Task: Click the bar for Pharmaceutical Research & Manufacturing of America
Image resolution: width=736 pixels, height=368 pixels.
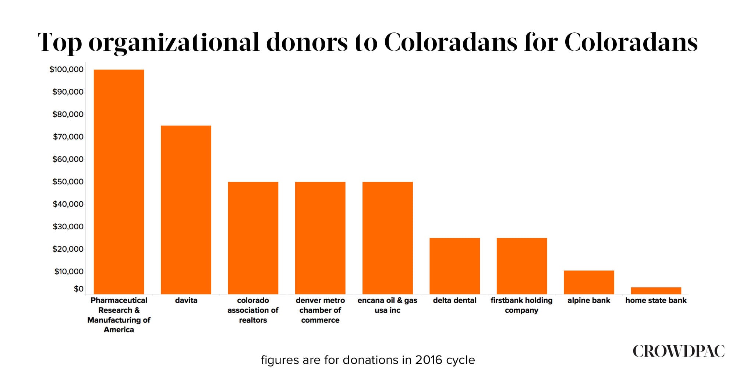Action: click(119, 182)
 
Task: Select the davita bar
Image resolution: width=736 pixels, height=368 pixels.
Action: click(186, 210)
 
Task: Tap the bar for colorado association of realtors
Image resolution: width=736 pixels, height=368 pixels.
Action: click(253, 238)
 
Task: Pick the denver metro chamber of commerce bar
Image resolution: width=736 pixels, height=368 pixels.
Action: click(320, 238)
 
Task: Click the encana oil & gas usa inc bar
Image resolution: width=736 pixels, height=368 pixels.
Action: click(388, 238)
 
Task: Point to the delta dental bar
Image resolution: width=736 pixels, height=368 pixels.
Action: click(454, 266)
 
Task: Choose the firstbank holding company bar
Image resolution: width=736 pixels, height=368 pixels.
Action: click(522, 266)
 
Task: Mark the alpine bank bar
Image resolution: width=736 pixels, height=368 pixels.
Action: click(589, 282)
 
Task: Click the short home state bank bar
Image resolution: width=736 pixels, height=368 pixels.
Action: click(656, 291)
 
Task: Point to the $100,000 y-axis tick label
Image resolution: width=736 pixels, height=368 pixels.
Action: click(67, 69)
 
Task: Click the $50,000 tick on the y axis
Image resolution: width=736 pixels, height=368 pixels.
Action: click(68, 181)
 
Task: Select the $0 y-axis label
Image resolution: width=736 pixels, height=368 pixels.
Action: click(78, 289)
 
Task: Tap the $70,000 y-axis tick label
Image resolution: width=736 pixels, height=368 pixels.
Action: click(68, 137)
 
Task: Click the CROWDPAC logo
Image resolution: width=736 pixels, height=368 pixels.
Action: click(679, 351)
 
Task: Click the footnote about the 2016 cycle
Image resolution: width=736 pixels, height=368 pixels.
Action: click(368, 360)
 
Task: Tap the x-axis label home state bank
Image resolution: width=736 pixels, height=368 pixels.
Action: click(656, 300)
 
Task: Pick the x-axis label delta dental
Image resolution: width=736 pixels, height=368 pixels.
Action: click(454, 300)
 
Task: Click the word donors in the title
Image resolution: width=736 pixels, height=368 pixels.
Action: click(307, 42)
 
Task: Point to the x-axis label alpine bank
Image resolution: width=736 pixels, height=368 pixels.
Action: click(589, 300)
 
